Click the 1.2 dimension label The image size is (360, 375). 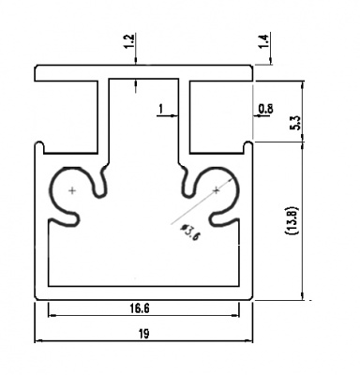(129, 41)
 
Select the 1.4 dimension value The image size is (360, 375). (264, 41)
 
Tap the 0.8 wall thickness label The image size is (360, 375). (265, 109)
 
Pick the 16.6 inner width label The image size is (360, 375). (140, 308)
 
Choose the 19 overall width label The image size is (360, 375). (144, 334)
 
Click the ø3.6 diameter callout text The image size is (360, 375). (189, 232)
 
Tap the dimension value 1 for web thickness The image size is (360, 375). (161, 109)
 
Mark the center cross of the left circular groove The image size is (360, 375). (72, 190)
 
